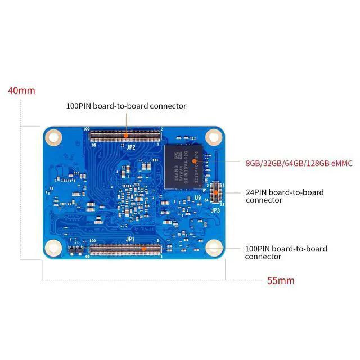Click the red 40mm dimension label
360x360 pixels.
pyautogui.click(x=21, y=91)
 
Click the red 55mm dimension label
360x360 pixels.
pyautogui.click(x=281, y=280)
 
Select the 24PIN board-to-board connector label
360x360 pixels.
pyautogui.click(x=285, y=196)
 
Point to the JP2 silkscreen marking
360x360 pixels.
pyautogui.click(x=125, y=145)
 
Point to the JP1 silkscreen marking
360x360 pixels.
pyautogui.click(x=130, y=239)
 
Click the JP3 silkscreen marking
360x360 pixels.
pyautogui.click(x=215, y=210)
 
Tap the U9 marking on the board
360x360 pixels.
pyautogui.click(x=198, y=197)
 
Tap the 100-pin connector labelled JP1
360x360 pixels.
pyautogui.click(x=125, y=248)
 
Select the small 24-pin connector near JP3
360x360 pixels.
pyautogui.click(x=214, y=192)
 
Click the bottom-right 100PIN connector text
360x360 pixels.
pyautogui.click(x=286, y=252)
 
